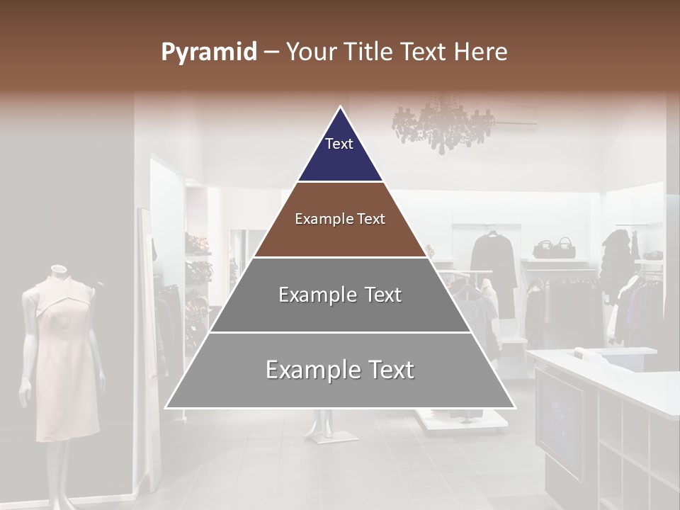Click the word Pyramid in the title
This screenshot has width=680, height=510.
coord(208,52)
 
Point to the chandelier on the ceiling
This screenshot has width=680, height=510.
coord(443,126)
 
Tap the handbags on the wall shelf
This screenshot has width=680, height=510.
coord(555,248)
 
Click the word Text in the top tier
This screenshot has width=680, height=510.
coord(339,144)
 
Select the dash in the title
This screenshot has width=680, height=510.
coord(270,52)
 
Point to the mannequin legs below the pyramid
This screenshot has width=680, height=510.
coord(322,425)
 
